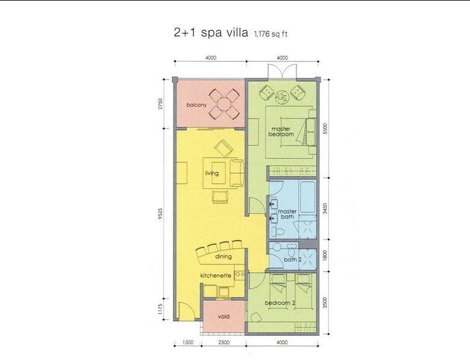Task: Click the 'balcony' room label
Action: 196,105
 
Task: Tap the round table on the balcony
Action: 224,104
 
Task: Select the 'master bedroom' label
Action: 281,131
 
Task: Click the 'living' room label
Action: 212,173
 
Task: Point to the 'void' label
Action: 224,317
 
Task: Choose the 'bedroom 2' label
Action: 280,303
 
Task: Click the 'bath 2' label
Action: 293,259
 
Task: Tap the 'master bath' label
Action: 287,214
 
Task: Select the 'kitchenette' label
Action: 216,276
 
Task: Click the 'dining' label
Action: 224,256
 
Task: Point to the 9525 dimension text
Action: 160,214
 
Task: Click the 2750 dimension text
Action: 160,104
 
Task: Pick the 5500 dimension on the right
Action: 325,128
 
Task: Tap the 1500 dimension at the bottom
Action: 187,343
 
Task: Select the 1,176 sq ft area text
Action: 271,34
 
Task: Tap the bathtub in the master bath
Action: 307,197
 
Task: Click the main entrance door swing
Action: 184,311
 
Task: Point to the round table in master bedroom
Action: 282,97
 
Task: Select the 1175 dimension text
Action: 160,309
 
